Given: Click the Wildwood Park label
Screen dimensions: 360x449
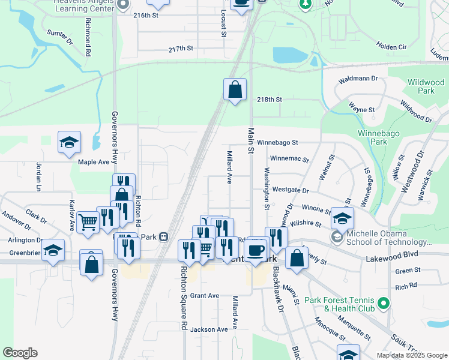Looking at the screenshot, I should [421, 86].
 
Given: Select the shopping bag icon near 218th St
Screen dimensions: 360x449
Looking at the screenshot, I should [235, 89].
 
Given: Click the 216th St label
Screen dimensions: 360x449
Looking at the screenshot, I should [146, 16].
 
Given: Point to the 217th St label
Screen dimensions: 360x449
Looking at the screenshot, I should [182, 49].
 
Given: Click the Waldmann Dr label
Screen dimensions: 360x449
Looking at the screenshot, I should [358, 79].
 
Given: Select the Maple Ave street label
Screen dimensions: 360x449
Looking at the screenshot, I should [94, 162].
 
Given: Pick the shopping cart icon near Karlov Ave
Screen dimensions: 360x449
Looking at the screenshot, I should [88, 222].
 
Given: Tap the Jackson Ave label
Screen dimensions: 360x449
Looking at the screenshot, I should [209, 329].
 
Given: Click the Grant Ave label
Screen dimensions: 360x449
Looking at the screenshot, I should [205, 296].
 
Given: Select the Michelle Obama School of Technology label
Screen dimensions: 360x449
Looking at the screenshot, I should [385, 237].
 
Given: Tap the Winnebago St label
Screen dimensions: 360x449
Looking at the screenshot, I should [278, 143].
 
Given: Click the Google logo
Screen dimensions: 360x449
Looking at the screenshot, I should [20, 353].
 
